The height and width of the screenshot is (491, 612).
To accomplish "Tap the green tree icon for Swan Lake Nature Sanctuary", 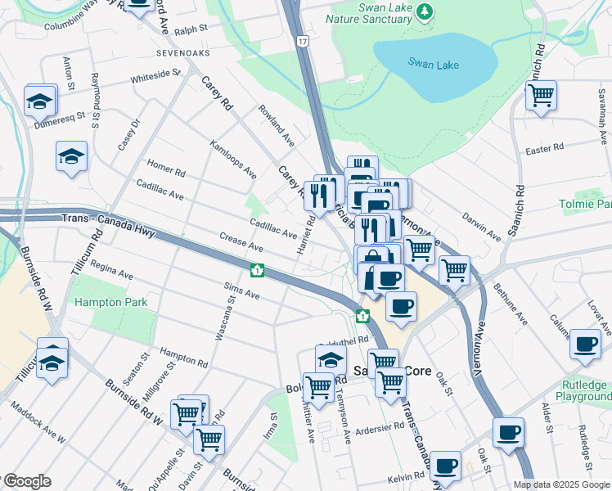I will [x=424, y=11].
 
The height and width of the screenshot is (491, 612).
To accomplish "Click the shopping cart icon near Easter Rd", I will [x=541, y=96].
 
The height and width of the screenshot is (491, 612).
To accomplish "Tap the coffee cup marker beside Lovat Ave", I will [x=585, y=345].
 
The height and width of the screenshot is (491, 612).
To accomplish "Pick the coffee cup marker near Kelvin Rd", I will [x=445, y=466].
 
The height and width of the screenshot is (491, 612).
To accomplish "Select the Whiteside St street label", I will [x=155, y=77].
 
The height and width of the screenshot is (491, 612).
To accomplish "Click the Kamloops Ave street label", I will [x=233, y=160].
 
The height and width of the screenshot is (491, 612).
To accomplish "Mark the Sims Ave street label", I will [x=242, y=291].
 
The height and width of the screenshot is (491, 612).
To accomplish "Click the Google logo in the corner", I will [x=26, y=481].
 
